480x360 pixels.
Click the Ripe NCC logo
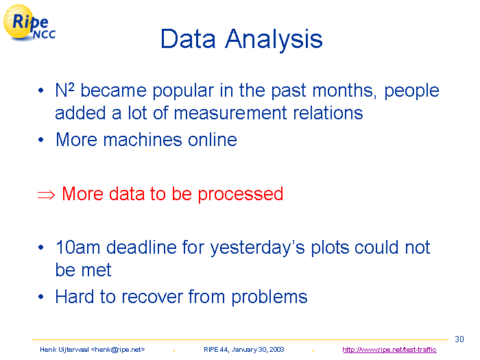pos(29,23)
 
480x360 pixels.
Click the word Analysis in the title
pos(274,40)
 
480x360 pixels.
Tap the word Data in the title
pos(188,38)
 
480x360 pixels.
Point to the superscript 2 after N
pos(71,87)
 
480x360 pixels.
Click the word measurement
pos(230,113)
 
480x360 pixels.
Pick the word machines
pos(143,140)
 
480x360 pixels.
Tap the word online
pos(212,140)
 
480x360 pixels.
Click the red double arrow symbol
pos(46,195)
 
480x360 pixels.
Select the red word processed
pos(240,195)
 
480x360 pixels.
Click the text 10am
pos(77,248)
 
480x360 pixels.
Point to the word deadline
pos(141,247)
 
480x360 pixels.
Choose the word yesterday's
pos(257,248)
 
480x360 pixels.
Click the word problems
pos(269,298)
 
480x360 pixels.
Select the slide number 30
pos(459,339)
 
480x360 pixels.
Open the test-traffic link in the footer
pos(389,349)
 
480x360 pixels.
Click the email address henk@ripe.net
pos(118,349)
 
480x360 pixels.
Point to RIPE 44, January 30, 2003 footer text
pos(243,349)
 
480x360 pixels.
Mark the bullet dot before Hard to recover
pos(41,297)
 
